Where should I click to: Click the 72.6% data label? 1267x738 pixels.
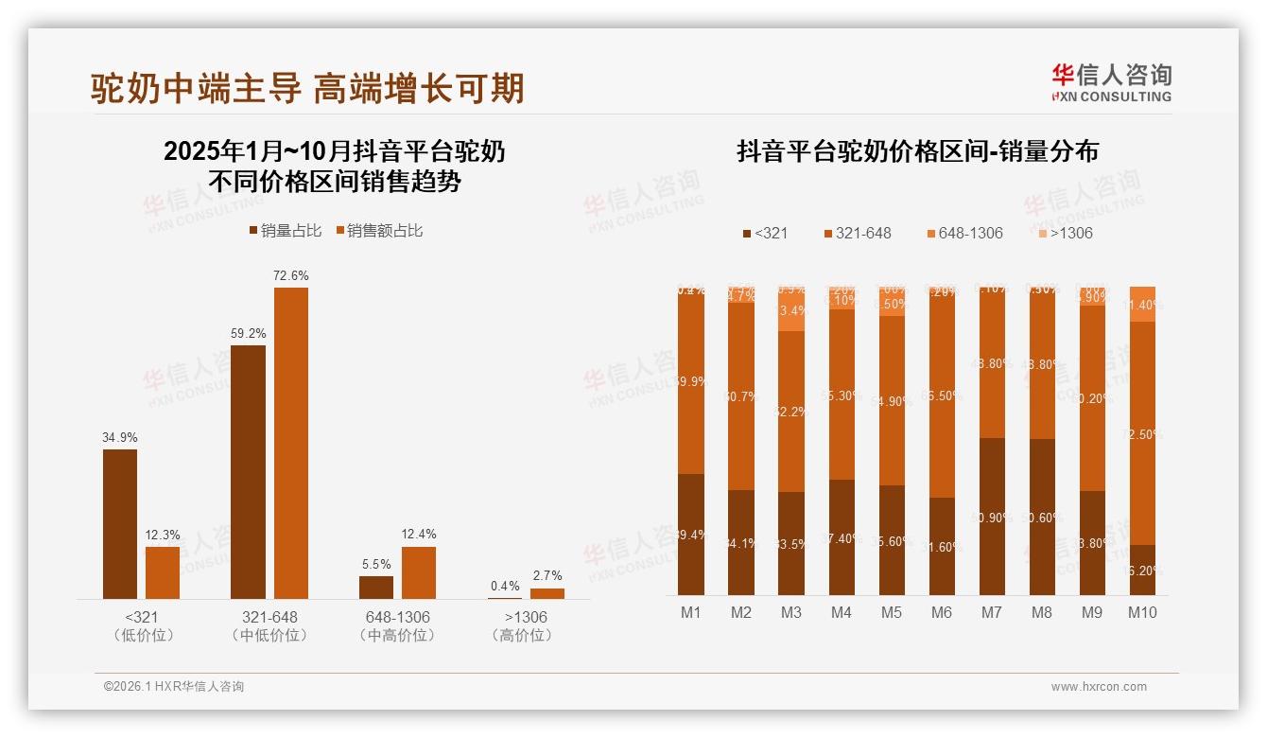pyautogui.click(x=291, y=275)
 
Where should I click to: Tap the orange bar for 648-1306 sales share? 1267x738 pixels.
pyautogui.click(x=419, y=572)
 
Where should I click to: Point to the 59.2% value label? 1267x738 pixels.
pyautogui.click(x=248, y=333)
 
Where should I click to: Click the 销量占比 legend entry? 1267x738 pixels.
pyautogui.click(x=286, y=231)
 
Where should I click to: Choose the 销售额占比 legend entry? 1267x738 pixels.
pyautogui.click(x=379, y=231)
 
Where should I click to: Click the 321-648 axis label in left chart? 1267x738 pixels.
pyautogui.click(x=269, y=617)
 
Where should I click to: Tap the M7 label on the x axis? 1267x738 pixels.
pyautogui.click(x=991, y=612)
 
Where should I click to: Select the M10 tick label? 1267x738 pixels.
pyautogui.click(x=1142, y=612)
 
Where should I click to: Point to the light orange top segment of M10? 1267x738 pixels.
pyautogui.click(x=1142, y=304)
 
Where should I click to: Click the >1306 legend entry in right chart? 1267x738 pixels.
pyautogui.click(x=1065, y=233)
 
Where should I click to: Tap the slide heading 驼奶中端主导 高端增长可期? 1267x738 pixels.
pyautogui.click(x=307, y=88)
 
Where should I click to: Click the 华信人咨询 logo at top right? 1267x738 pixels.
pyautogui.click(x=1111, y=82)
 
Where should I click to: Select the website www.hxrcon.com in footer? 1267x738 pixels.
pyautogui.click(x=1099, y=687)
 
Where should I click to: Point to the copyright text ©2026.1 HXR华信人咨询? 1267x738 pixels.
pyautogui.click(x=174, y=687)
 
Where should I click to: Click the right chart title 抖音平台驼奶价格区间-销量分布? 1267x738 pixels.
pyautogui.click(x=917, y=151)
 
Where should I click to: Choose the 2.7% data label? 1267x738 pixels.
pyautogui.click(x=547, y=575)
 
